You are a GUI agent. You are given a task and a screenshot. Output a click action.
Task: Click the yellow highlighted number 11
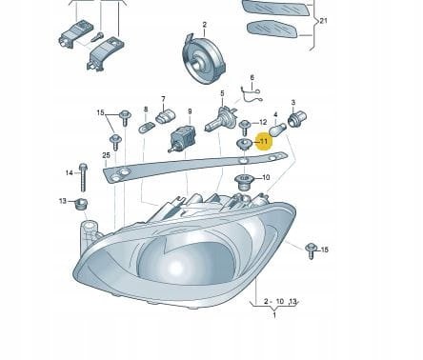click(x=264, y=141)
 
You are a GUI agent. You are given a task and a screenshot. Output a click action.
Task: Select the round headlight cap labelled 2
click(x=204, y=59)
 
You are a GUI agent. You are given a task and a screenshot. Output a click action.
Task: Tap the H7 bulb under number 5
click(x=221, y=120)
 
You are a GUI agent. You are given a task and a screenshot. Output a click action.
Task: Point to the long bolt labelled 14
click(x=83, y=177)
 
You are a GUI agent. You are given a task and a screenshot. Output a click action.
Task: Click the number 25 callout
click(x=106, y=155)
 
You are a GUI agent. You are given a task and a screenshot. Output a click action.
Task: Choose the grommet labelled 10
click(x=243, y=182)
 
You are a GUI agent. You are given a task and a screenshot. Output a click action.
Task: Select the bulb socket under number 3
click(x=297, y=119)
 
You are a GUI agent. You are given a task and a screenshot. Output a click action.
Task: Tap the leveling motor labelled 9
click(x=182, y=138)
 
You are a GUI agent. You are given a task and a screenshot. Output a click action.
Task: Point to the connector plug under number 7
click(x=166, y=116)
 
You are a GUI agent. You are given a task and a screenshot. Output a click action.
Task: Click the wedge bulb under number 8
click(x=147, y=129)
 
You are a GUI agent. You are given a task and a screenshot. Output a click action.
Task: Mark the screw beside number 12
click(x=245, y=128)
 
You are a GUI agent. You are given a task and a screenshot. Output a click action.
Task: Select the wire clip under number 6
click(x=251, y=95)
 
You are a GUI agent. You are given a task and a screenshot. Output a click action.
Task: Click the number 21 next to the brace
click(x=323, y=21)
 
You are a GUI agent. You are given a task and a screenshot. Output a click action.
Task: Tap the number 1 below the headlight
click(x=274, y=315)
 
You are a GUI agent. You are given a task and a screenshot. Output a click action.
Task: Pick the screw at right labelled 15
click(x=312, y=250)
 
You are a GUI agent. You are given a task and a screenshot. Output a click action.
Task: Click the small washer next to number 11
click(x=245, y=143)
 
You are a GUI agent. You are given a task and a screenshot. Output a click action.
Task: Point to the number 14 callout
click(x=70, y=172)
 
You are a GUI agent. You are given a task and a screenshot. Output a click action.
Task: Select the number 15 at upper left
click(x=100, y=112)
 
